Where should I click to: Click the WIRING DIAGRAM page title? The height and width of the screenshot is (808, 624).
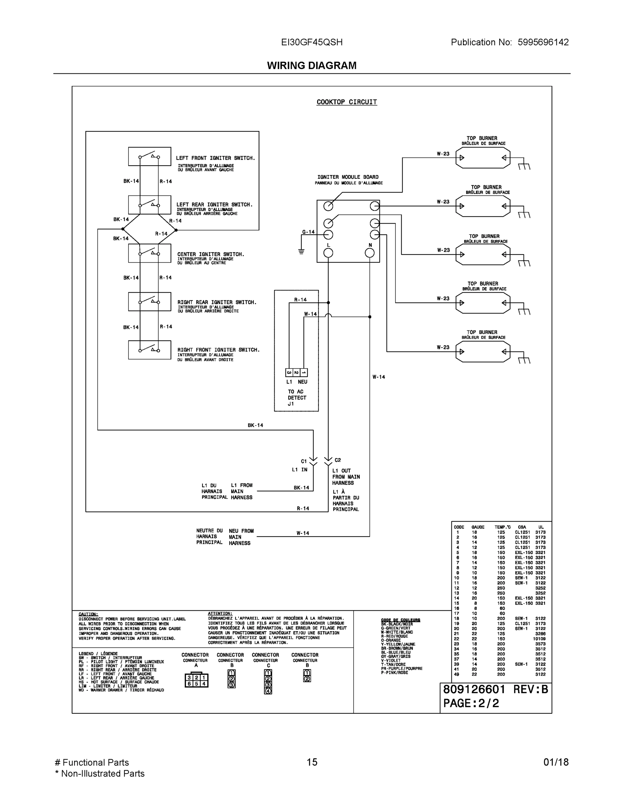coord(311,66)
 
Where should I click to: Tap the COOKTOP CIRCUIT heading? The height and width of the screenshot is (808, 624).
coord(346,102)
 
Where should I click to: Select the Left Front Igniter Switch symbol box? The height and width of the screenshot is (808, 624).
coord(149,157)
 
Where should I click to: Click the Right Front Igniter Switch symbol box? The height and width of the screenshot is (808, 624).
coord(149,350)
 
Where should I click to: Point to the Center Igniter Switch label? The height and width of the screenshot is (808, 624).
coord(211,254)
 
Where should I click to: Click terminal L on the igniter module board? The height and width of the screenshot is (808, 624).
coord(328,253)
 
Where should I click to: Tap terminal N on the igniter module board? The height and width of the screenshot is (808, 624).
coord(370,253)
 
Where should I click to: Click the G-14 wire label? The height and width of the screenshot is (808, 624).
coord(308,232)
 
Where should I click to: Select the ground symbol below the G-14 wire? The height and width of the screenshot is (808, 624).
coord(301,252)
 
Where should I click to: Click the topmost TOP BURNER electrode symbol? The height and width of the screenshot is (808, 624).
coord(483,158)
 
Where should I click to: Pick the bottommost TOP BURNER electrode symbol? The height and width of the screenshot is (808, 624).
coord(483,351)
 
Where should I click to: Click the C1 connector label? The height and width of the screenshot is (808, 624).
coord(304,461)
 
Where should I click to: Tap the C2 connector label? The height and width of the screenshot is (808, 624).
coord(337,460)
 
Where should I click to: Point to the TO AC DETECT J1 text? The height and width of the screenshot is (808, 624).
coord(297,398)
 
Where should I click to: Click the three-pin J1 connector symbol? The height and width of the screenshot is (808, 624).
coord(296,373)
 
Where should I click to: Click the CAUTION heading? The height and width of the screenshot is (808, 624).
coord(88,614)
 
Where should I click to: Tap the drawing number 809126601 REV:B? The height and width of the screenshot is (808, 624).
coord(495,689)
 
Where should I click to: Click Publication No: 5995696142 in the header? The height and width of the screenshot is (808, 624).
coord(509,42)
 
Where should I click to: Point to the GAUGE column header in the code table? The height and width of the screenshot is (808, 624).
coord(478,527)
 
